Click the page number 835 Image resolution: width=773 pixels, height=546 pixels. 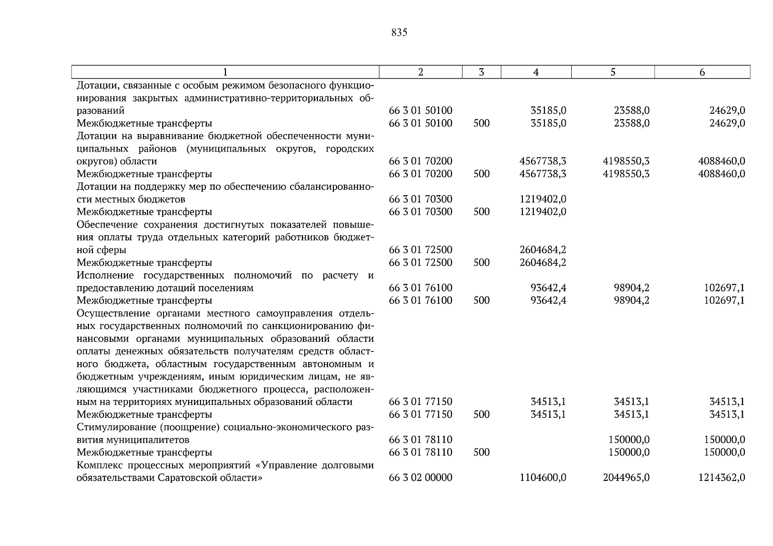[x=399, y=33]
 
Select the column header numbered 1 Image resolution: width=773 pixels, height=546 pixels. [x=225, y=72]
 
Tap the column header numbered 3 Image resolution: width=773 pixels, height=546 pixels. [x=481, y=72]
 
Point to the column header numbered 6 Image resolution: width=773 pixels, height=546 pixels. [x=702, y=72]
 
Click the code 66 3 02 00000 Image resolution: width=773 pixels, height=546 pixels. [x=420, y=478]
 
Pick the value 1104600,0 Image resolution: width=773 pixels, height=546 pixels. [x=543, y=478]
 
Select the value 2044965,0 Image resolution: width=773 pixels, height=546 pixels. [x=626, y=478]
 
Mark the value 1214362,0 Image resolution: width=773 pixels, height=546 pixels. [x=722, y=478]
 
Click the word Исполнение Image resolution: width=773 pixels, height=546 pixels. [x=105, y=275]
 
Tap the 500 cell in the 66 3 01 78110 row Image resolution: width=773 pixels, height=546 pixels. [x=481, y=452]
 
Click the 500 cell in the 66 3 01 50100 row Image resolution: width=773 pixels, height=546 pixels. [x=481, y=123]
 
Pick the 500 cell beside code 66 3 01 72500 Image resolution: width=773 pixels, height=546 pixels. [x=481, y=263]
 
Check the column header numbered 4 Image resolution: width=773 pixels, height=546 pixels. [x=536, y=72]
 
